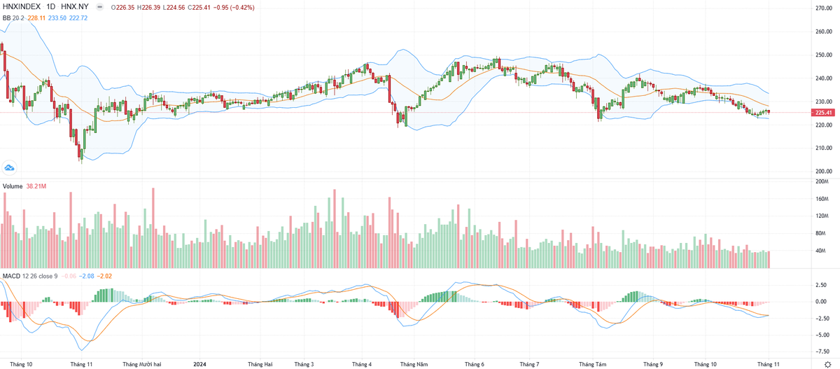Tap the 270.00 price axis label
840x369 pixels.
(x=822, y=8)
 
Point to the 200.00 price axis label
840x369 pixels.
(x=822, y=171)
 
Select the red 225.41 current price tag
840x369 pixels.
(x=823, y=112)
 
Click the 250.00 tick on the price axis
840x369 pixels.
(x=822, y=55)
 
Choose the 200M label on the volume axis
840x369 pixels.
(x=822, y=181)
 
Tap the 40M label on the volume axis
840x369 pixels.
(x=822, y=251)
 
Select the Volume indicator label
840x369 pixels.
(x=13, y=186)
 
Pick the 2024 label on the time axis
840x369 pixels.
(x=200, y=364)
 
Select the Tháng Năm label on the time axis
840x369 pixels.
(x=413, y=364)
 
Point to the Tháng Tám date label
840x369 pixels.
(x=593, y=364)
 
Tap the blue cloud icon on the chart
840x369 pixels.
(x=9, y=167)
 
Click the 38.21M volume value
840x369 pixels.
(x=36, y=186)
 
